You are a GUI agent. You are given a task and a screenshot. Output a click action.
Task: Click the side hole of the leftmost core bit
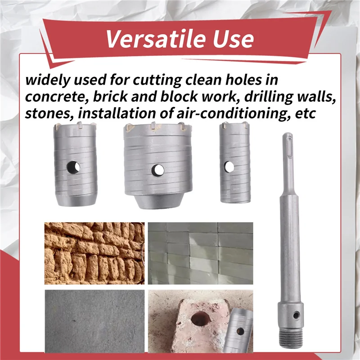coord(73,167)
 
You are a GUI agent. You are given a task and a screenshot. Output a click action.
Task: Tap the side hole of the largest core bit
coord(157,170)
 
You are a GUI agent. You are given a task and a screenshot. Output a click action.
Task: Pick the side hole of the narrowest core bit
coord(229,167)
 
